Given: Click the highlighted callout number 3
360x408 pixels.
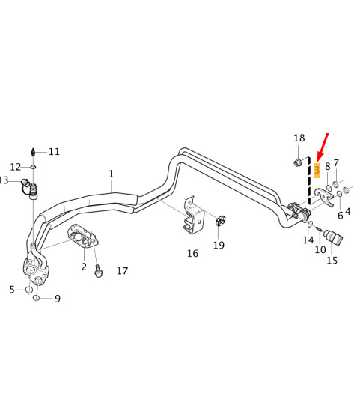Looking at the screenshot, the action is [317, 170].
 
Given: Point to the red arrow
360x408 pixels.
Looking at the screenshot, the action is [322, 147].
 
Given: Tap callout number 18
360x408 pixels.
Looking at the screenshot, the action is [299, 138].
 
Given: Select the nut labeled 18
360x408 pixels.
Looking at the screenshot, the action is [298, 162].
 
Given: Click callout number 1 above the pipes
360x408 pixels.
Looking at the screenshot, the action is [111, 174].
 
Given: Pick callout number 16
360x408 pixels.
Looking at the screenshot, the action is [192, 253].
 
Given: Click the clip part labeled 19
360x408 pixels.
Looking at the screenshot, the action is [220, 221].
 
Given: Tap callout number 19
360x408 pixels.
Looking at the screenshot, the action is [219, 245].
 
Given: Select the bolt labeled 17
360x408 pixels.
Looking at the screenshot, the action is [99, 270].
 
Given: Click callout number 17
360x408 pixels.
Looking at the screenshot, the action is [122, 270].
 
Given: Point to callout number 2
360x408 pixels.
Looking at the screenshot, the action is [84, 267].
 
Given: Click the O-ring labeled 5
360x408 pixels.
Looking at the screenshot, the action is [29, 290].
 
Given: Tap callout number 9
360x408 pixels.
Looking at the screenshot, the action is [58, 298].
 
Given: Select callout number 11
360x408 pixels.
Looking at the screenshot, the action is [54, 151].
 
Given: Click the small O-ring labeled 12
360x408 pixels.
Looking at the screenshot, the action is [33, 167].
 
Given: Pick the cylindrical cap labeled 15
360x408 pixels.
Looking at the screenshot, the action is [333, 236].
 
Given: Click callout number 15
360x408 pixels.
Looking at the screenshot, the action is [332, 260].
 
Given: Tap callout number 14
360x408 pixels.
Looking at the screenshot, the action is [308, 240].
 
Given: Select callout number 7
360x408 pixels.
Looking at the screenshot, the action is [336, 163].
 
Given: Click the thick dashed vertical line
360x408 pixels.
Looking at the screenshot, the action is [309, 180].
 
